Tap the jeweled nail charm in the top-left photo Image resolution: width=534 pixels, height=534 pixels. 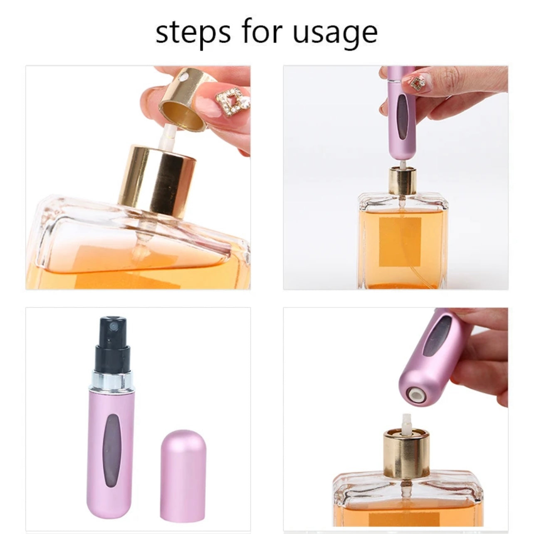click(232, 101)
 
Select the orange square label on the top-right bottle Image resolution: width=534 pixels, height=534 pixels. click(400, 241)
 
